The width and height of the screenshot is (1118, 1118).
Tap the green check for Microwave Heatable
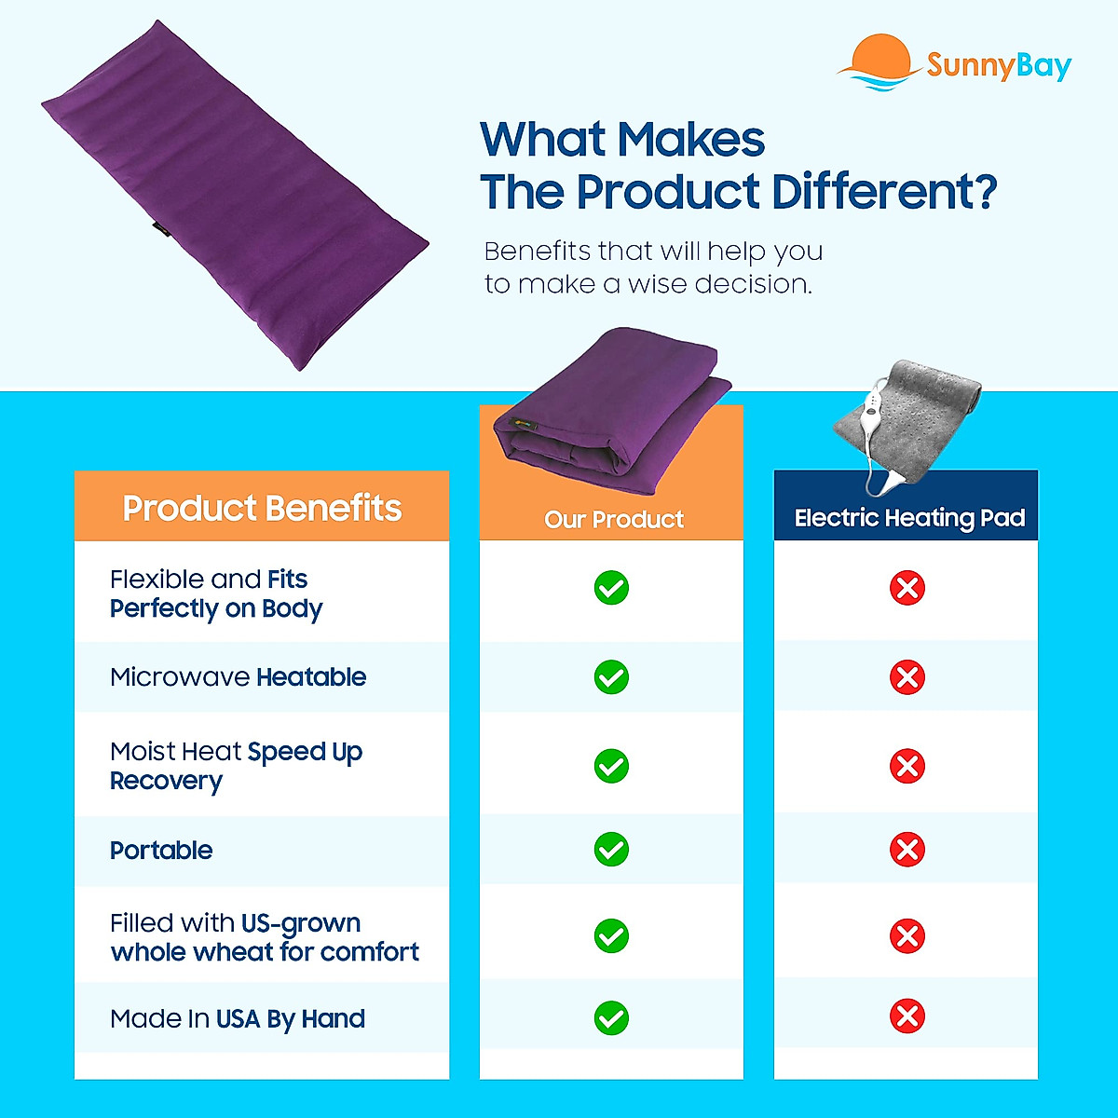pyautogui.click(x=611, y=677)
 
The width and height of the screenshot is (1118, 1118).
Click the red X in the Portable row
pyautogui.click(x=907, y=850)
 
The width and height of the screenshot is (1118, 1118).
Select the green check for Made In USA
pyautogui.click(x=611, y=1017)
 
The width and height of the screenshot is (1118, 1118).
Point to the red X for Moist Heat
pyautogui.click(x=907, y=767)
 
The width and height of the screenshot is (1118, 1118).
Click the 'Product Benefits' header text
pyautogui.click(x=262, y=509)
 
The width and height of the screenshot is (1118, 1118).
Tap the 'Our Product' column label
pyautogui.click(x=613, y=520)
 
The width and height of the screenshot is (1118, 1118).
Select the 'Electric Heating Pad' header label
pyautogui.click(x=909, y=519)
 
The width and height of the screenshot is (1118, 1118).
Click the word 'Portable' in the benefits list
pyautogui.click(x=161, y=851)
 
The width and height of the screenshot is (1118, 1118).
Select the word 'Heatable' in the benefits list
pyautogui.click(x=311, y=677)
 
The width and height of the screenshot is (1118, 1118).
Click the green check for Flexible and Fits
pyautogui.click(x=611, y=588)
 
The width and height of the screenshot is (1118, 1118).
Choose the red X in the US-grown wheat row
pyautogui.click(x=907, y=935)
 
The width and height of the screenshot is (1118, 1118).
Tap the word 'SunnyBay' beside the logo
pyautogui.click(x=999, y=67)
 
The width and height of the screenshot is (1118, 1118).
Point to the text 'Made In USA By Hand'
pyautogui.click(x=238, y=1019)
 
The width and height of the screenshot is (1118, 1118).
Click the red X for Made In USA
pyautogui.click(x=907, y=1016)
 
